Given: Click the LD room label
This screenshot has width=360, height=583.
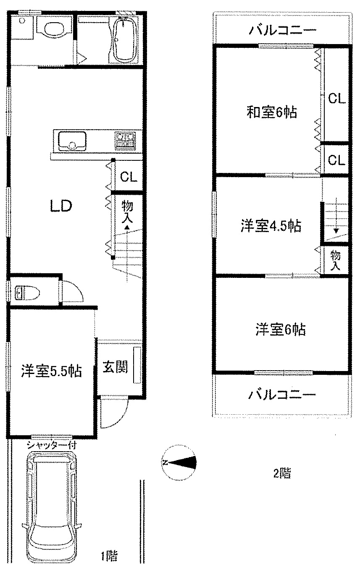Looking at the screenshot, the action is (60, 206).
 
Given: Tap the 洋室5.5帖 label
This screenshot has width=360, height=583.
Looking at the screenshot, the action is (51, 371).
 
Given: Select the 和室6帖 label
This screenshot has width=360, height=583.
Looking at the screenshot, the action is (272, 112).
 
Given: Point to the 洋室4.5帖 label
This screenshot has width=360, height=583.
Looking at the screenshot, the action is (271, 226).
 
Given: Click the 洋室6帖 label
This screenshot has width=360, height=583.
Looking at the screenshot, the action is (281, 329).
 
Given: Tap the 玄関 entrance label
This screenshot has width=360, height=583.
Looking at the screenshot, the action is (115, 367).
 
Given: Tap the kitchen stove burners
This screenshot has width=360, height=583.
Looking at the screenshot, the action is (125, 141).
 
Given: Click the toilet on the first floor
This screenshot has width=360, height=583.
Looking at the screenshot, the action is (27, 293).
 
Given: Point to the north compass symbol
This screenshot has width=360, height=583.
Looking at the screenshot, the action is (179, 463).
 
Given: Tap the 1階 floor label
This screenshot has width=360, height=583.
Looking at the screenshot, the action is (110, 556).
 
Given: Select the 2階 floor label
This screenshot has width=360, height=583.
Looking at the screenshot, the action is (282, 473).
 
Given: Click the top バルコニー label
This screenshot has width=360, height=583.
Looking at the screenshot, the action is (282, 31).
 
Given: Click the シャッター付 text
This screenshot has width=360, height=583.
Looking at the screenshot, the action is (52, 445).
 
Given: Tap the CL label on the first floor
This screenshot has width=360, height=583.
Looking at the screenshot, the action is (129, 177).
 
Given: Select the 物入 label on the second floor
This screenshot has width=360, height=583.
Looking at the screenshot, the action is (335, 260).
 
